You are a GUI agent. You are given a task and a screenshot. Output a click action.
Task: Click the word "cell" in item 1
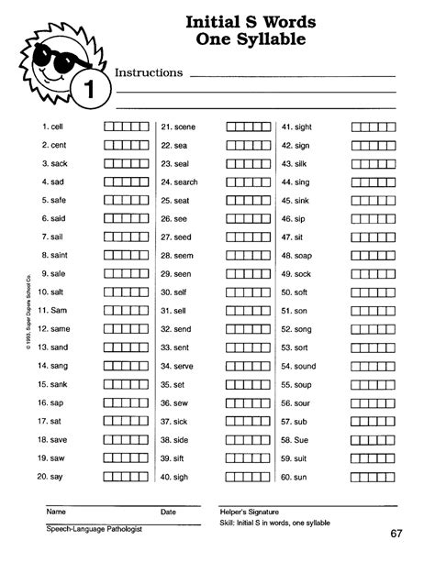57,127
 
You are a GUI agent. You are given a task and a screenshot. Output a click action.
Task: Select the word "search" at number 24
185,182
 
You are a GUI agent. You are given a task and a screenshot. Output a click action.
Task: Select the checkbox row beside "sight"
372,127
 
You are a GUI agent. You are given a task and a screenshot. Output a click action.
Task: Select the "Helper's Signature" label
249,511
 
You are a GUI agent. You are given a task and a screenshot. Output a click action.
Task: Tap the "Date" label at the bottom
168,511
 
